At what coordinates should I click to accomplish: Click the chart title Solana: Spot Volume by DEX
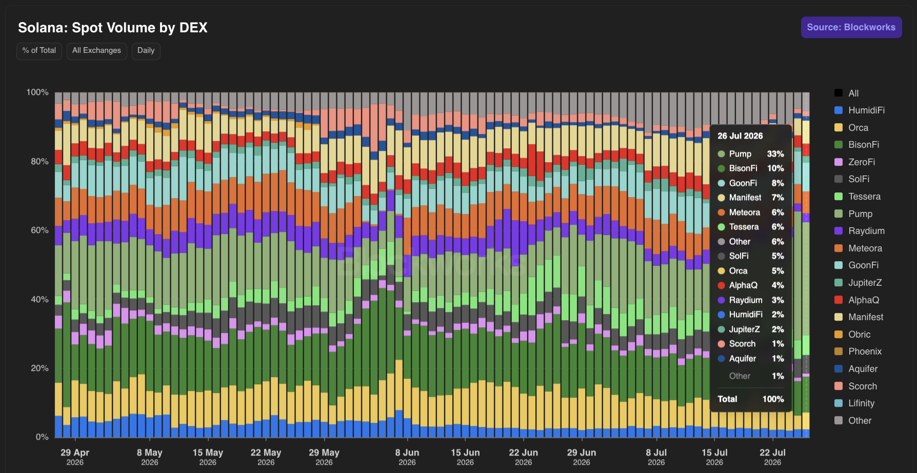tap(113, 28)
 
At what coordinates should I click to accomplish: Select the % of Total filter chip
tap(39, 51)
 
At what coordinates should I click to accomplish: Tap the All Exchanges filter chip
tap(96, 51)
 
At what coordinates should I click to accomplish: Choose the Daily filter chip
tap(146, 51)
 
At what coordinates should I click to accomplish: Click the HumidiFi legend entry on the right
tap(859, 110)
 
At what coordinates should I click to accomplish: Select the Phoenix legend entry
tap(858, 351)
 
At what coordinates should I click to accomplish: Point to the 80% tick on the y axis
tap(39, 162)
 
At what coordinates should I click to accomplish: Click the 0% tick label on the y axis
tap(42, 437)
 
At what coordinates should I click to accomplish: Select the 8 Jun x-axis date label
tap(407, 457)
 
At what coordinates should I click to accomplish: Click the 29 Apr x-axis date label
tap(75, 457)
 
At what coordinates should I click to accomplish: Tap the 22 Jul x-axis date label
tap(772, 457)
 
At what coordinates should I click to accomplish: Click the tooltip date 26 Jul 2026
tap(740, 136)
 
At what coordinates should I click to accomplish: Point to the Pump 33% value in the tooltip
tap(775, 154)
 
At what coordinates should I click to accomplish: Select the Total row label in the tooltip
tap(727, 399)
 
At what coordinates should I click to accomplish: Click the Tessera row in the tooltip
tap(751, 227)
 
